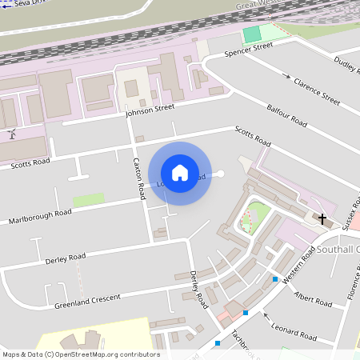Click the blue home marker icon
[x=180, y=173]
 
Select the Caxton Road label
[x=139, y=178]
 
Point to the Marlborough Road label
[x=40, y=217]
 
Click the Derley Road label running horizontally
[x=66, y=258]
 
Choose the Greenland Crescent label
[x=87, y=302]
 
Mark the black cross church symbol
[x=322, y=218]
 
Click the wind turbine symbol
[x=12, y=134]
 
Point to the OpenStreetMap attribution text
[x=81, y=354]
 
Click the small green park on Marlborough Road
[x=89, y=199]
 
